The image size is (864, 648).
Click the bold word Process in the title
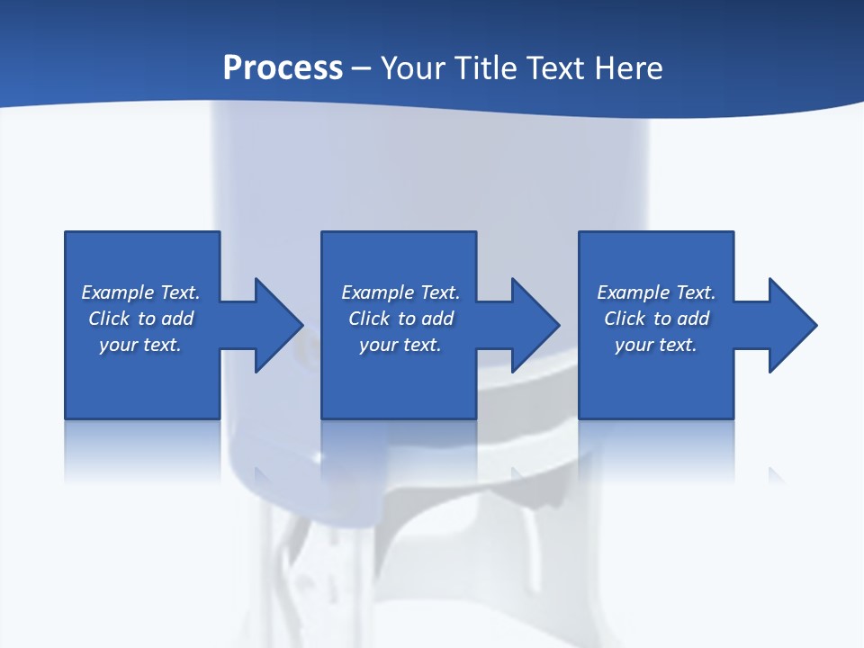click(283, 68)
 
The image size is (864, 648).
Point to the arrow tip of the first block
click(299, 325)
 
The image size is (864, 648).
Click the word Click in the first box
click(109, 319)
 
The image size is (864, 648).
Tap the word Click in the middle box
click(369, 319)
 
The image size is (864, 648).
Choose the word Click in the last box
click(625, 319)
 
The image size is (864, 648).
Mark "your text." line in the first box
click(140, 345)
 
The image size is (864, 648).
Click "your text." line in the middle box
click(400, 345)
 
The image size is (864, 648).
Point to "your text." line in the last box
click(655, 345)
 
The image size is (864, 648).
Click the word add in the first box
click(177, 319)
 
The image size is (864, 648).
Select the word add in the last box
click(693, 319)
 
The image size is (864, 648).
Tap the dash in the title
click(362, 68)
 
